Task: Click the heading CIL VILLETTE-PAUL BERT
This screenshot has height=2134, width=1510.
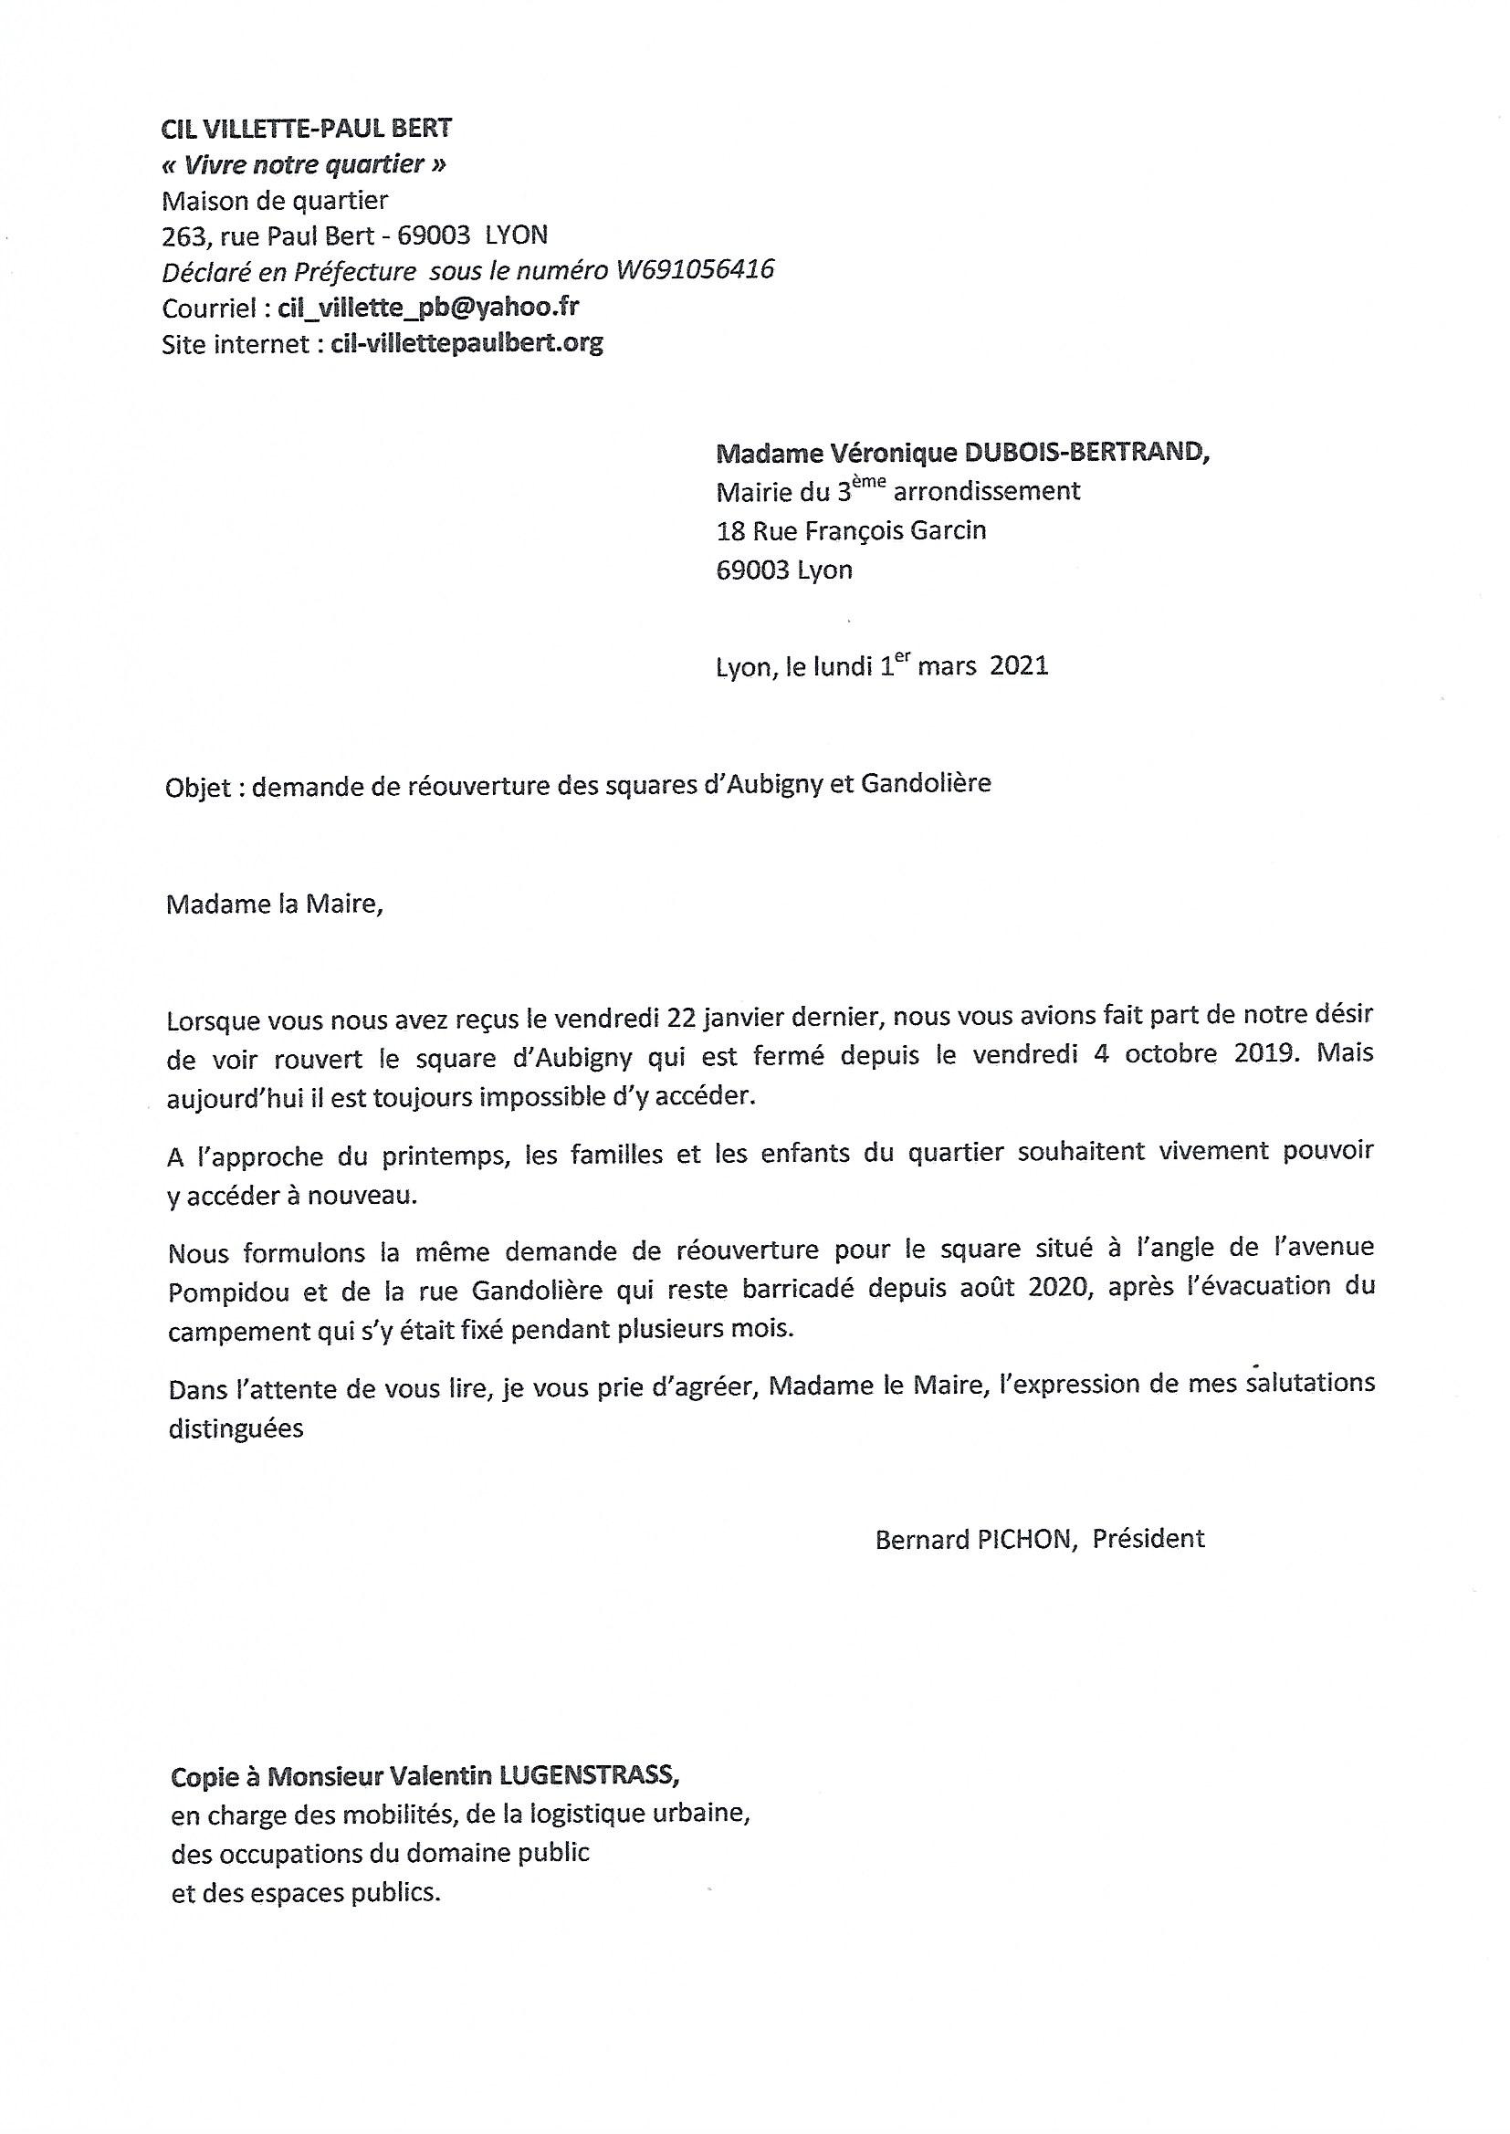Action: (x=307, y=129)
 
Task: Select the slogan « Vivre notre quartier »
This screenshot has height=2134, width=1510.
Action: (x=303, y=164)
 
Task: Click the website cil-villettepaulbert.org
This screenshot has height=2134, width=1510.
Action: (x=467, y=343)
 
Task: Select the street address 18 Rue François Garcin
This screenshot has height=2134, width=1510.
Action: (x=851, y=530)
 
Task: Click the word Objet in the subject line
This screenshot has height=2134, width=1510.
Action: (x=197, y=785)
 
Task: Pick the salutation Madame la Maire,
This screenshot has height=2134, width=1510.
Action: (x=274, y=905)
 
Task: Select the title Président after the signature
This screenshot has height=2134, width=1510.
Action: (x=1148, y=1539)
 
